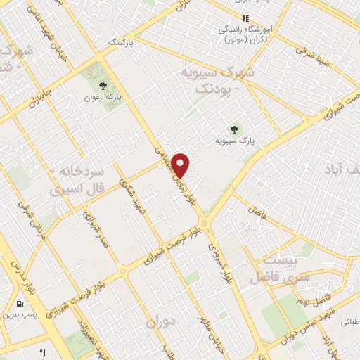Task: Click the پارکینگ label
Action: [124, 44]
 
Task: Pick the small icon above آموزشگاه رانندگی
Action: [245, 18]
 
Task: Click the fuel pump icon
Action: [19, 304]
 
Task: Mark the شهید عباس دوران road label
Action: [312, 328]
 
